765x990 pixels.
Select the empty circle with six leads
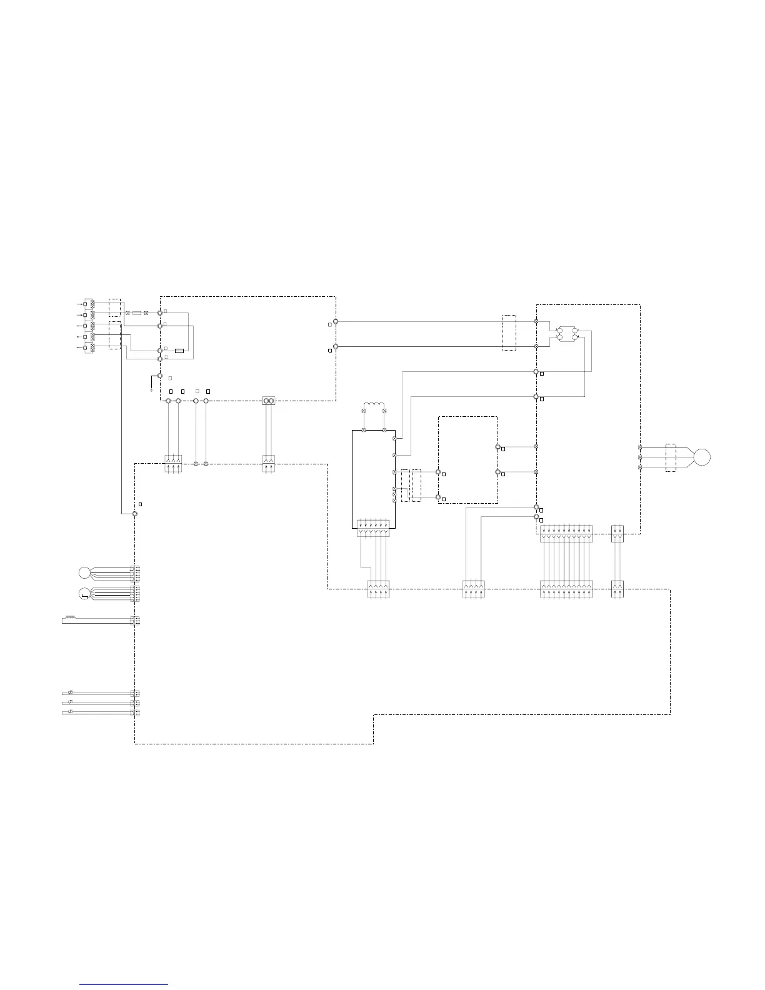(84, 572)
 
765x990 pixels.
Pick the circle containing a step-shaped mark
(84, 593)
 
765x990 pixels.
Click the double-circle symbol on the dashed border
(268, 401)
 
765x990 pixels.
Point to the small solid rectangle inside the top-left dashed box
(179, 351)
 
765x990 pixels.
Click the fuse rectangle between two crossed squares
(137, 312)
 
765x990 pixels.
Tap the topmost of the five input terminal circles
(86, 304)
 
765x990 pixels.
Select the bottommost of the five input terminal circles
(86, 347)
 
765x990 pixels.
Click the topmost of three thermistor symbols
(70, 692)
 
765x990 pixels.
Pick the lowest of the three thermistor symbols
(70, 712)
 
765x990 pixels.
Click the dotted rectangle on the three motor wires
(671, 457)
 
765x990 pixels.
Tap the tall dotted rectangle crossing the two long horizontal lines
(509, 333)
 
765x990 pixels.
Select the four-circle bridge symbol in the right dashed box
(567, 333)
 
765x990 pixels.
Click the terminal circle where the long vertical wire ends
(134, 513)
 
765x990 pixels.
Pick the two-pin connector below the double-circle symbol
(268, 463)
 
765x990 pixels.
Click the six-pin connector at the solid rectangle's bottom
(373, 529)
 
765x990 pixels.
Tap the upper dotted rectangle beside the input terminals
(114, 307)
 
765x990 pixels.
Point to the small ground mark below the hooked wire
(151, 389)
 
